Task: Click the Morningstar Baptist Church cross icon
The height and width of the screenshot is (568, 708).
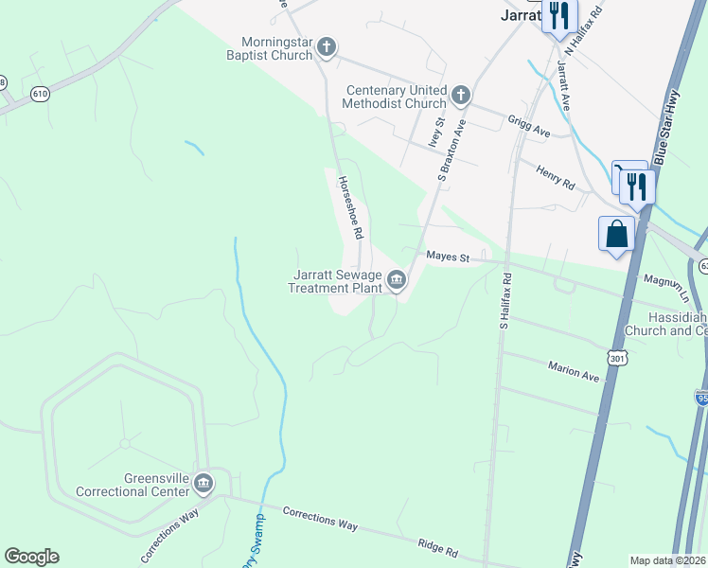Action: (327, 45)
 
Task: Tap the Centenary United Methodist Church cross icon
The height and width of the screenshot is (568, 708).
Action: (460, 94)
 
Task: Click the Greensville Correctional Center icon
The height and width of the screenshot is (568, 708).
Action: (204, 485)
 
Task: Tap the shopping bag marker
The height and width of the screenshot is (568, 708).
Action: (616, 233)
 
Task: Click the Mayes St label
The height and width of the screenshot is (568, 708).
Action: (449, 257)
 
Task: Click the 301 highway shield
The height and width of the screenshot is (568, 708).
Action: (616, 359)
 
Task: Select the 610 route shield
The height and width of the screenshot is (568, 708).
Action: (39, 94)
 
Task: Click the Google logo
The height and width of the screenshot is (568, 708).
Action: (31, 557)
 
